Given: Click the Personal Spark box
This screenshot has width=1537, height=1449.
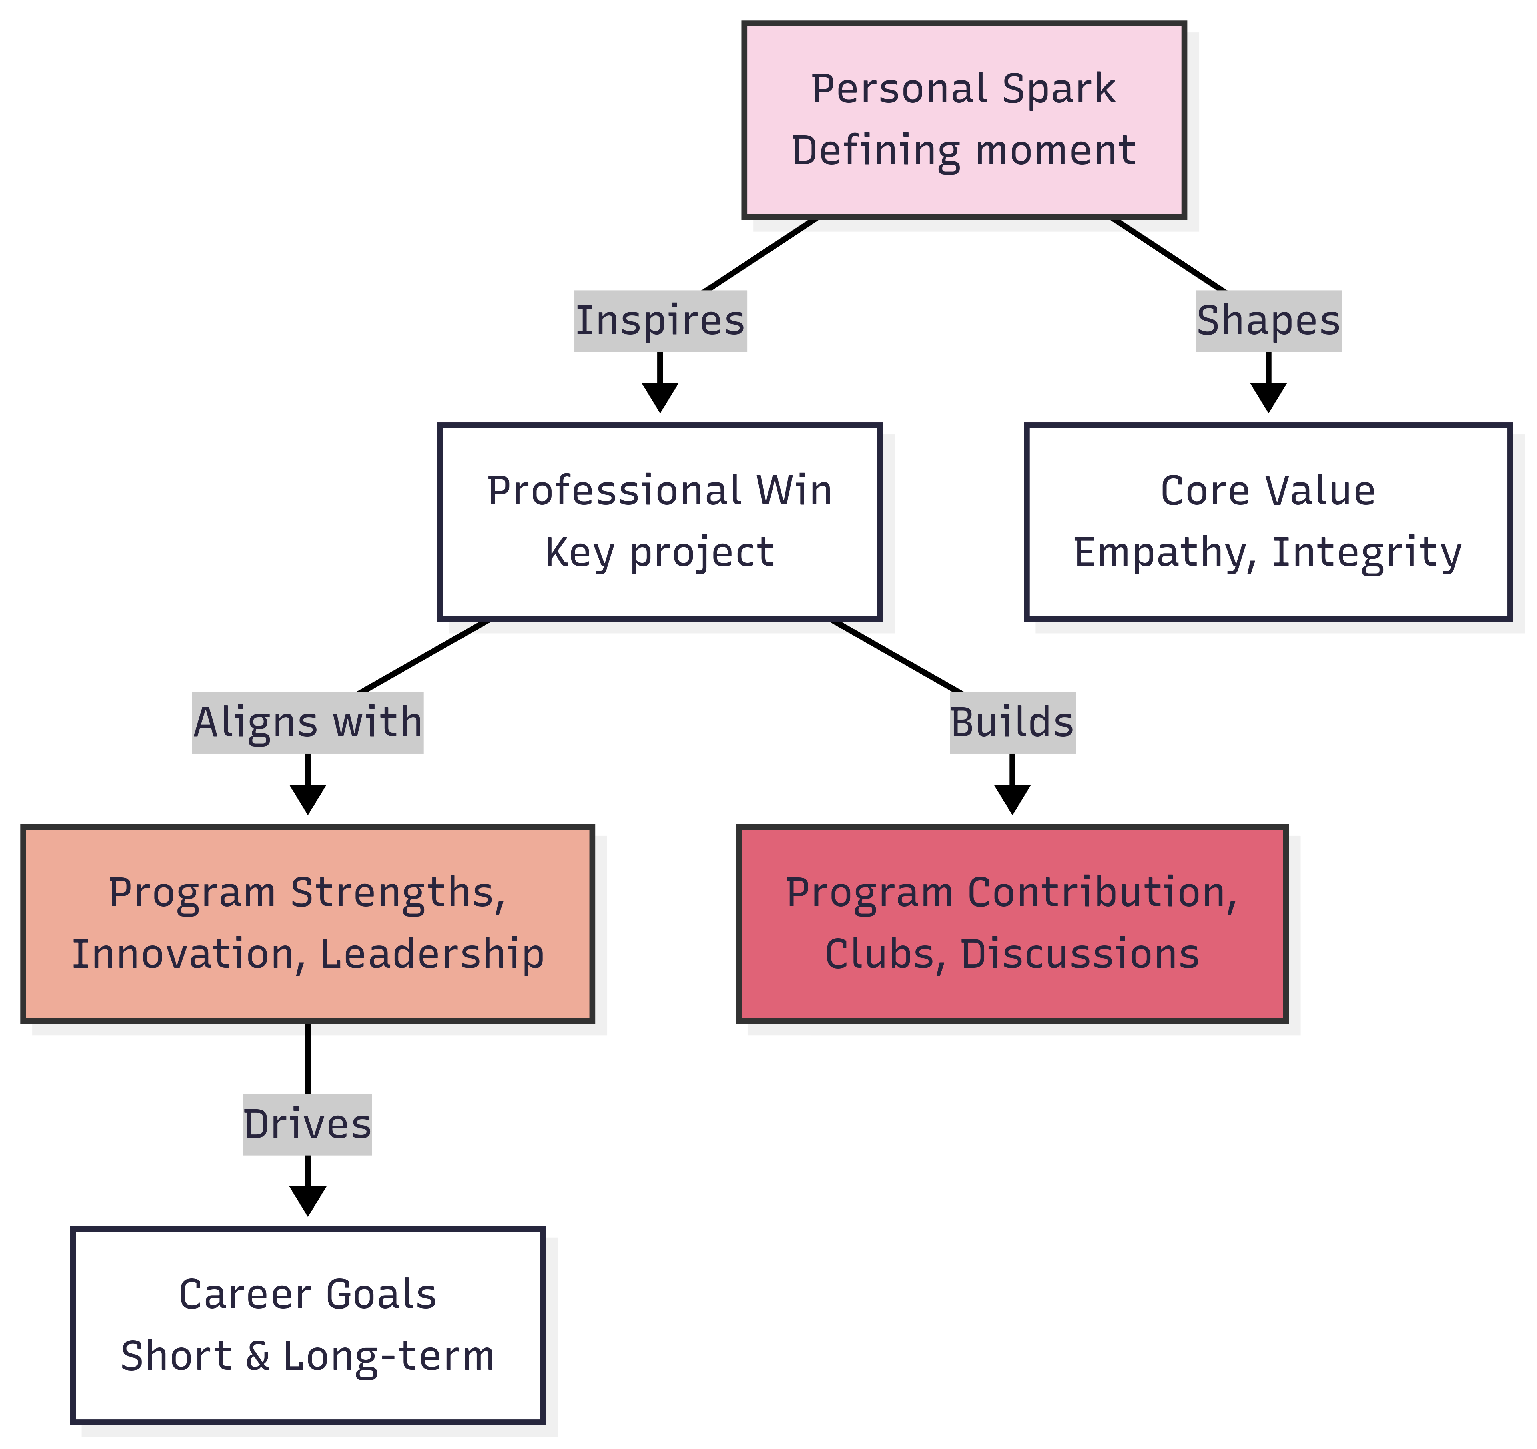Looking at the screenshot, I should tap(963, 120).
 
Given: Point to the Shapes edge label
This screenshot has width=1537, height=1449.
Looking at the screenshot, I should tap(1268, 321).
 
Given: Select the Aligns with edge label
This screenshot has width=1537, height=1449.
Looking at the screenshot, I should tap(308, 723).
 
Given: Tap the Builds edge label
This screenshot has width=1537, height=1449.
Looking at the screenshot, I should tap(1012, 723).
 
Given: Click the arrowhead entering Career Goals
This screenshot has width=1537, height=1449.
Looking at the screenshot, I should tap(308, 1202).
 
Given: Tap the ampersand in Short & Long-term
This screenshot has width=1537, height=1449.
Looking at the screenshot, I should tap(257, 1357).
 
